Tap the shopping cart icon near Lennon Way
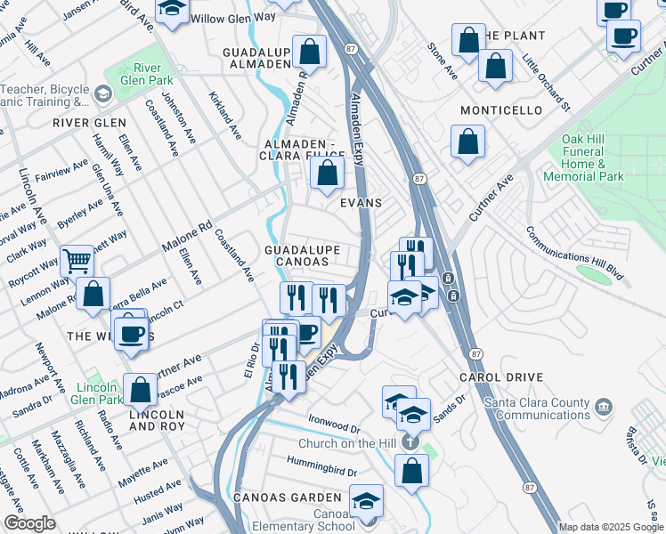tap(77, 260)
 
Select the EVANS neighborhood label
tap(361, 203)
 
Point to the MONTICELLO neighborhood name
tap(501, 110)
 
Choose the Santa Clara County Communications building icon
tap(603, 408)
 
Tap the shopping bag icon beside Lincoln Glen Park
tap(140, 388)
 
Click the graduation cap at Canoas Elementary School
tap(366, 500)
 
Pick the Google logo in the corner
tap(29, 523)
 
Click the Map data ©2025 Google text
tap(611, 527)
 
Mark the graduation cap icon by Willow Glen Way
tap(172, 9)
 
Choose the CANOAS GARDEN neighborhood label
tap(288, 497)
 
